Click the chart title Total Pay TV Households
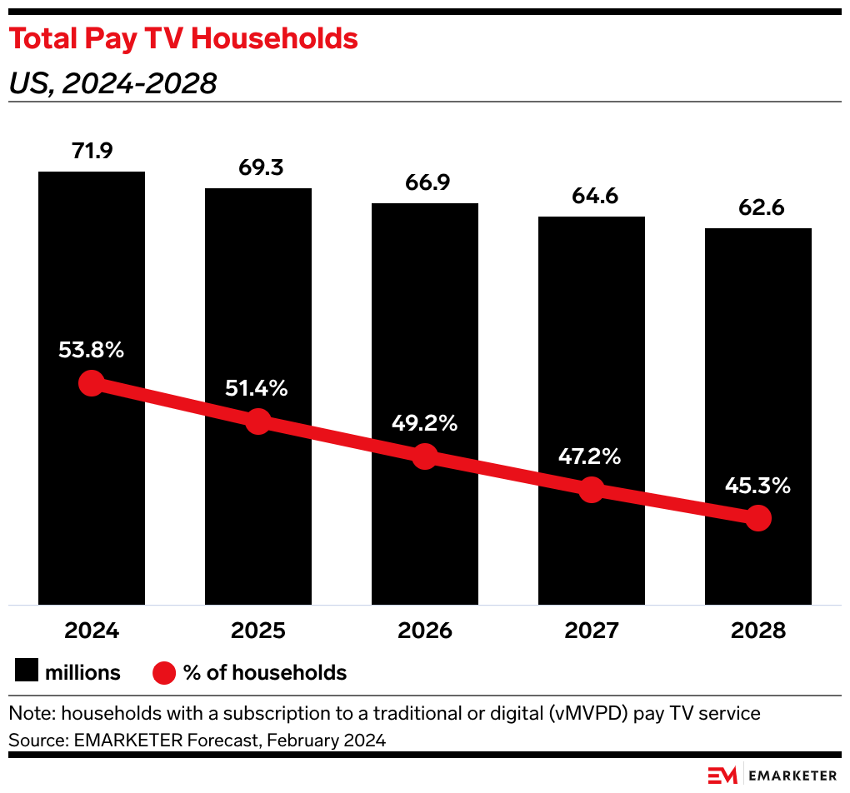[x=183, y=39]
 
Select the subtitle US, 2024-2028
[x=112, y=83]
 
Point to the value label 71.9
[x=92, y=152]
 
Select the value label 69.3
[x=258, y=167]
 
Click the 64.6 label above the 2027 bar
[x=592, y=197]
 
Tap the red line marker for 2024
[x=92, y=383]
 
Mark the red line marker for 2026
[x=425, y=456]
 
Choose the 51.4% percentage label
[x=258, y=388]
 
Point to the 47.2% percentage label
[x=592, y=456]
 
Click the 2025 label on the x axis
[x=258, y=631]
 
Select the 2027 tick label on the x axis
[x=592, y=631]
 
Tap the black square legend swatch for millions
[x=27, y=672]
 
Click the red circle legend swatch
[x=164, y=672]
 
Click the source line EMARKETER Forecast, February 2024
[x=197, y=740]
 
